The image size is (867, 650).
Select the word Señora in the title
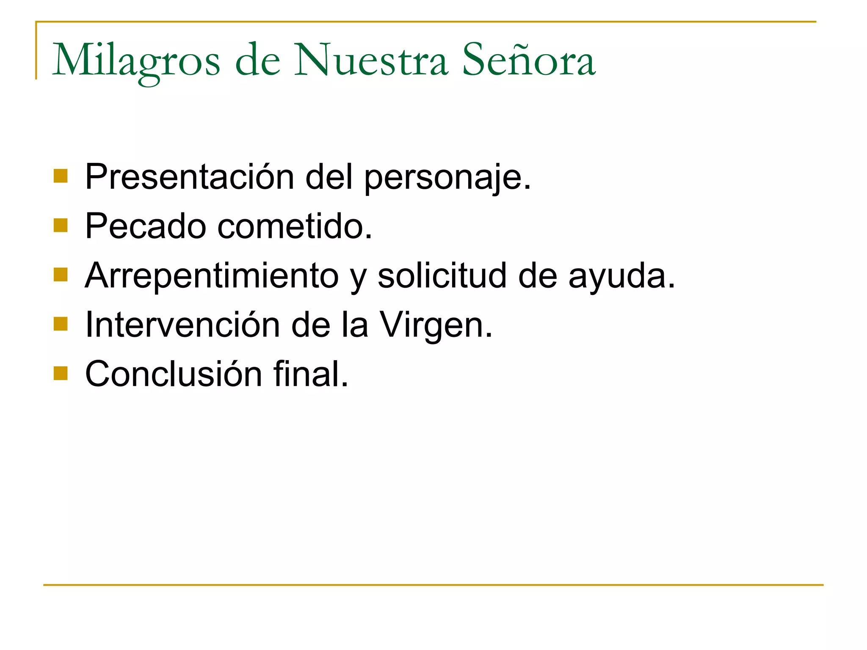529,60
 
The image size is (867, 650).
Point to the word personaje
447,178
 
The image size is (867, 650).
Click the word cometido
295,226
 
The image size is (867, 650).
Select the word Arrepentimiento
212,276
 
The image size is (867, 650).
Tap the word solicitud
442,276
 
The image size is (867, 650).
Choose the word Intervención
182,325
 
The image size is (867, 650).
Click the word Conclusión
174,374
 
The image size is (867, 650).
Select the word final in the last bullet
311,374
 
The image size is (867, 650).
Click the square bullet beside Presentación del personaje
61,176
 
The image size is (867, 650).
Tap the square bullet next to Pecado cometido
61,226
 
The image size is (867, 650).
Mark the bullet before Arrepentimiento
61,275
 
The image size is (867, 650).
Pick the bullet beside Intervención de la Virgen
61,324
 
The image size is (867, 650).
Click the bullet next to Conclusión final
61,374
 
